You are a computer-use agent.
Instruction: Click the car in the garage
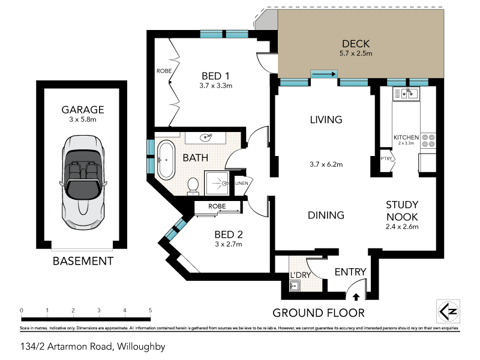pyautogui.click(x=83, y=178)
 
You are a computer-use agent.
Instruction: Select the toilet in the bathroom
pyautogui.click(x=193, y=186)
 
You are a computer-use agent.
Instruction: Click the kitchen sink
pyautogui.click(x=407, y=93)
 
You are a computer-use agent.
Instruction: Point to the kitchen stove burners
pyautogui.click(x=428, y=140)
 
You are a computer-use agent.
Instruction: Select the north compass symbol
pyautogui.click(x=447, y=311)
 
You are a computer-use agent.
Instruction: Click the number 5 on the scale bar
pyautogui.click(x=151, y=310)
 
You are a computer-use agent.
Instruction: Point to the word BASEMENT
pyautogui.click(x=83, y=261)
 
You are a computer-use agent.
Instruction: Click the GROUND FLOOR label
pyautogui.click(x=318, y=313)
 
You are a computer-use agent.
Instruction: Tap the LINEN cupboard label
pyautogui.click(x=241, y=183)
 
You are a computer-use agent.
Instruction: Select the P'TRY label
pyautogui.click(x=386, y=158)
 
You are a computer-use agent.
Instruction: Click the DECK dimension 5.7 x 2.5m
pyautogui.click(x=356, y=54)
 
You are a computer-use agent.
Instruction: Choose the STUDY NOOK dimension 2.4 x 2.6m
pyautogui.click(x=402, y=227)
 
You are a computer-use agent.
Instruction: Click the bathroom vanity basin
pyautogui.click(x=208, y=137)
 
